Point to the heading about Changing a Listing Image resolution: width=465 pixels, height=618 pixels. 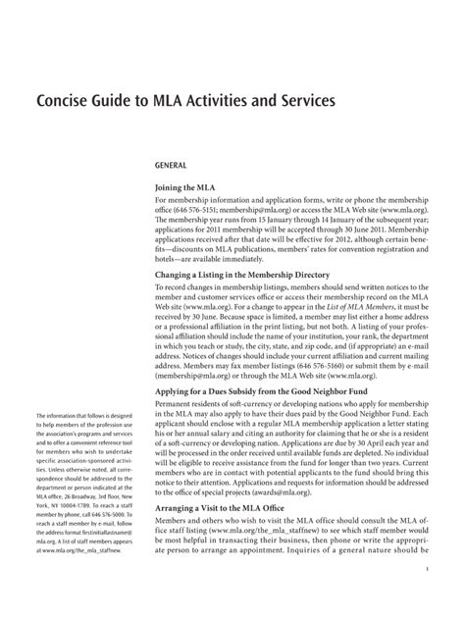coord(251,276)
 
